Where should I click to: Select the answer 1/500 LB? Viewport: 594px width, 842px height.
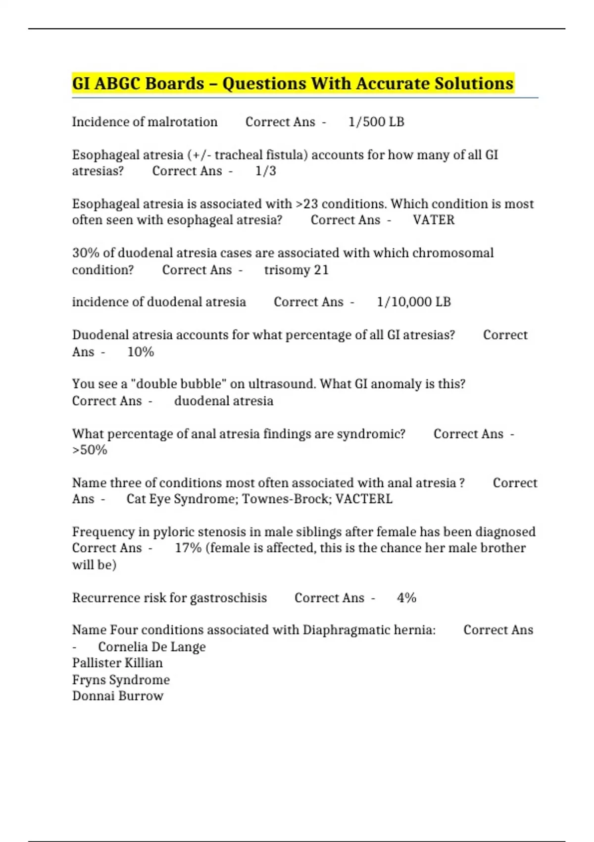click(x=376, y=122)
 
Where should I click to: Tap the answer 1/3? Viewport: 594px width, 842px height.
click(x=265, y=171)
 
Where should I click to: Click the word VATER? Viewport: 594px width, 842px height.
click(x=434, y=220)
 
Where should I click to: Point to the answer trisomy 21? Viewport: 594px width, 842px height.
click(x=296, y=270)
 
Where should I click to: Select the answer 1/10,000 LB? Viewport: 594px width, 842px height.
click(x=414, y=302)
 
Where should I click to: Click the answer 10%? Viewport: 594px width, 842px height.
click(x=141, y=352)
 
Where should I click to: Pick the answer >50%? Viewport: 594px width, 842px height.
click(x=90, y=450)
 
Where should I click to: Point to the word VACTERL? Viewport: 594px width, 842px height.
click(x=364, y=499)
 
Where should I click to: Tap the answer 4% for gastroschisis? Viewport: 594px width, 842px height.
click(x=406, y=598)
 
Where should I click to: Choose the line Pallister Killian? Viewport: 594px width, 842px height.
click(x=117, y=663)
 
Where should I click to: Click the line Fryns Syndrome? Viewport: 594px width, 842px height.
click(x=121, y=680)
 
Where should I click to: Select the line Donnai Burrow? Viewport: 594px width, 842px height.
click(x=118, y=696)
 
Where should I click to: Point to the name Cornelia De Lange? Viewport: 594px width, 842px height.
click(x=151, y=647)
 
